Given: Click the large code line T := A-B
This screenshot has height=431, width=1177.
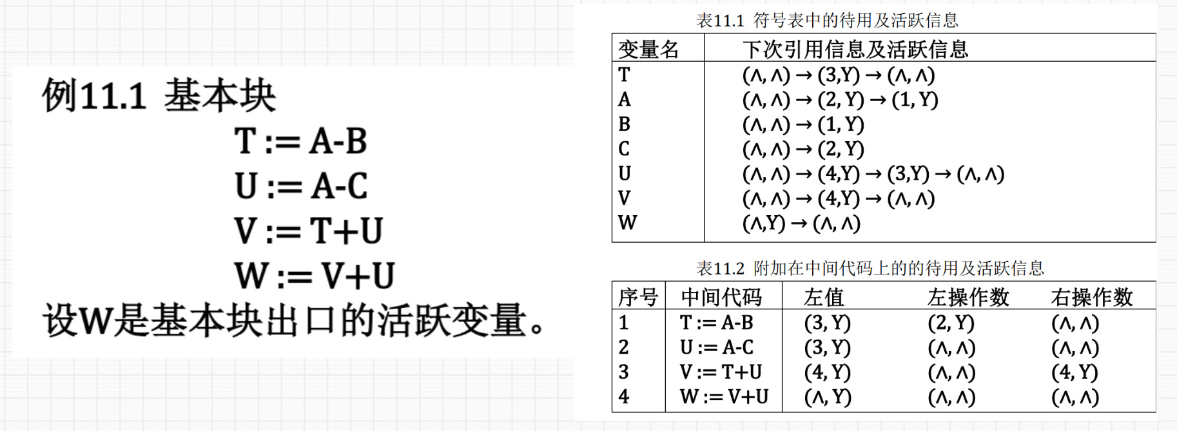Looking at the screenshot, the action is click(x=300, y=141).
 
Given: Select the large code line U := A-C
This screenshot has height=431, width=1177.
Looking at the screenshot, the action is click(x=301, y=186).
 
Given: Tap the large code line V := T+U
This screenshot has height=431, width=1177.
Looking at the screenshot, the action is click(x=309, y=231).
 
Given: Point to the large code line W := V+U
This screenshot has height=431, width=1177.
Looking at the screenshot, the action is click(x=315, y=276).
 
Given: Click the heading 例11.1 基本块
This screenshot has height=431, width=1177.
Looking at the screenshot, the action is click(x=159, y=96).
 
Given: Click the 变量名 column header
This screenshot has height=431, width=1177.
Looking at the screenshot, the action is click(x=648, y=50).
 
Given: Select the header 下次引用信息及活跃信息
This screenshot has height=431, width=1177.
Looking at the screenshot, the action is click(x=855, y=50).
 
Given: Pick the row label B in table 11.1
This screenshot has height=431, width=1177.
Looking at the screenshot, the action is click(x=624, y=124).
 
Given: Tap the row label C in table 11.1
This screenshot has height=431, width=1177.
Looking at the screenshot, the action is click(x=624, y=149).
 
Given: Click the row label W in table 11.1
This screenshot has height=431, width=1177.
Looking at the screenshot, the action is click(x=627, y=224).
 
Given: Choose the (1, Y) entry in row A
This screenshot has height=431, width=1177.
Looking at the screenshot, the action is click(x=915, y=100).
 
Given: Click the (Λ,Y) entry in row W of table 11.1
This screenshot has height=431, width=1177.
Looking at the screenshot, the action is click(x=764, y=224).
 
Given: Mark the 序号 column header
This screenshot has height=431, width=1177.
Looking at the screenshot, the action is click(x=637, y=297).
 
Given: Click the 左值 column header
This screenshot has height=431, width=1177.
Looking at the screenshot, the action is click(x=824, y=297).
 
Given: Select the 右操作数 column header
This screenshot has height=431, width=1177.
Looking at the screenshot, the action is click(x=1091, y=297).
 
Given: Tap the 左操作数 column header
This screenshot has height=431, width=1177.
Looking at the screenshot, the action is click(x=968, y=297).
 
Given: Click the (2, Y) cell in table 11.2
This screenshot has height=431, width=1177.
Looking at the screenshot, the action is click(x=951, y=323).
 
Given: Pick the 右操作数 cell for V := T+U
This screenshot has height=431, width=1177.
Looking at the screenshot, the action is click(x=1075, y=372).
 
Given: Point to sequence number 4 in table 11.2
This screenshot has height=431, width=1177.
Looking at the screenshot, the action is click(x=623, y=397).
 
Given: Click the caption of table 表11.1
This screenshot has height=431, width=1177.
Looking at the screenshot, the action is click(x=827, y=21).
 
